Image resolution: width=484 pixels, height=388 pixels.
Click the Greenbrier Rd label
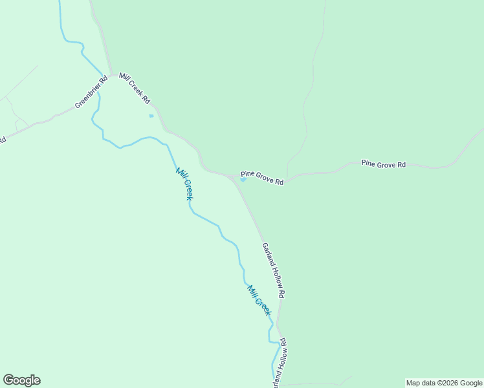[91, 93]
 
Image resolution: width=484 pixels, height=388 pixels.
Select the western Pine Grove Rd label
[262, 178]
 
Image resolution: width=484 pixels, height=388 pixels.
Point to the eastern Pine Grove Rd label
[383, 164]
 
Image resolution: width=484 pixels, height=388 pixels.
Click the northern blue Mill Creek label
[184, 184]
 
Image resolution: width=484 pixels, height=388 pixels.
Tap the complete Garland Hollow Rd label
[273, 270]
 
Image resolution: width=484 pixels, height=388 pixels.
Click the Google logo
[21, 380]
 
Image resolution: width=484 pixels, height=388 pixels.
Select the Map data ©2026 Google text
[444, 383]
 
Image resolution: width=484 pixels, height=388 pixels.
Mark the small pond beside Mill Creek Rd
[151, 116]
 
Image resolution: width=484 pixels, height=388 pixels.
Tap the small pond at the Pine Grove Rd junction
[243, 180]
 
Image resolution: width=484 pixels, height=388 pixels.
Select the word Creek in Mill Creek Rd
[135, 89]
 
